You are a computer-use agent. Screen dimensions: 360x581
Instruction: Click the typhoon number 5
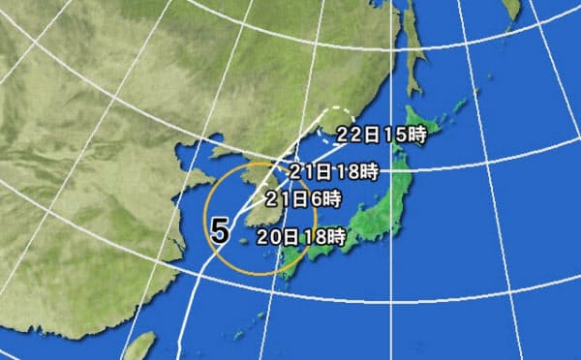pyautogui.click(x=220, y=230)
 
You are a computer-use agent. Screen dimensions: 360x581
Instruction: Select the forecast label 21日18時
pyautogui.click(x=333, y=172)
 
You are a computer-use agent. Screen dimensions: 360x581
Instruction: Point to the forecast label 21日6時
pyautogui.click(x=303, y=200)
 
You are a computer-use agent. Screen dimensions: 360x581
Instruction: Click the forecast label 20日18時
pyautogui.click(x=301, y=233)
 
